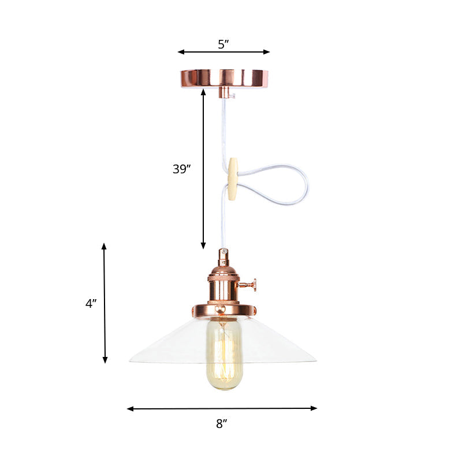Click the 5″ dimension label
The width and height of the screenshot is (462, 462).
(223, 44)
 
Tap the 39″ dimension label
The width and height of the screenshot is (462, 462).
(181, 169)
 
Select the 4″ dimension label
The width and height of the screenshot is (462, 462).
(91, 303)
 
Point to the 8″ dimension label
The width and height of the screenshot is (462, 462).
(222, 424)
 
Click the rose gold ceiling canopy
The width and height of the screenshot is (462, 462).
(223, 77)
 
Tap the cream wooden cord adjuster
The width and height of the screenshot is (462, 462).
(233, 180)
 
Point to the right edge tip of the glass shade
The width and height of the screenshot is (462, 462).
(315, 362)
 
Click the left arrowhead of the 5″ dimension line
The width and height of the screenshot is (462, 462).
(180, 52)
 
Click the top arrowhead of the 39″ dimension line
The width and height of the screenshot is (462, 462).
(203, 91)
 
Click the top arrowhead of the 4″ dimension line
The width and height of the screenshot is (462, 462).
(105, 245)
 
